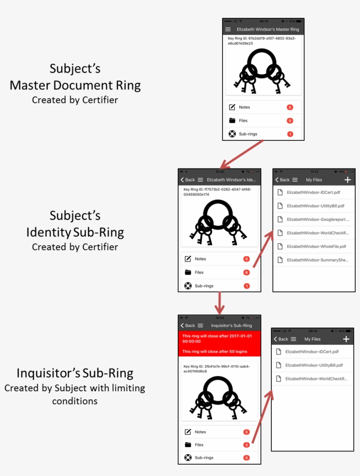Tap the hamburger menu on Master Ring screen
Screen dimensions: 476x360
pyautogui.click(x=228, y=29)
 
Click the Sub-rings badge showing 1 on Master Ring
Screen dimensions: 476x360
pyautogui.click(x=290, y=134)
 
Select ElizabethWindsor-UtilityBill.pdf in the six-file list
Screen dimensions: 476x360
pyautogui.click(x=315, y=205)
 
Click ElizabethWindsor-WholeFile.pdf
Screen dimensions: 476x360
pyautogui.click(x=316, y=247)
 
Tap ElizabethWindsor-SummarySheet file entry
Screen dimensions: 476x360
pyautogui.click(x=317, y=260)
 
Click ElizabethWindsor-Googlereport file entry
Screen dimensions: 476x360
pyautogui.click(x=317, y=219)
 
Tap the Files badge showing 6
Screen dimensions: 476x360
pyautogui.click(x=247, y=272)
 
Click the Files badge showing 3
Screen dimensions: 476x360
pyautogui.click(x=247, y=445)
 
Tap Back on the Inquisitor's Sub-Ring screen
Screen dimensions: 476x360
pyautogui.click(x=187, y=326)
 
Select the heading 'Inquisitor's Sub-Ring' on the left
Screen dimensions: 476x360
pyautogui.click(x=75, y=373)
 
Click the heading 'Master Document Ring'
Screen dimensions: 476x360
pyautogui.click(x=75, y=85)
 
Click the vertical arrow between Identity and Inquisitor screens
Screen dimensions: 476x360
pyautogui.click(x=219, y=302)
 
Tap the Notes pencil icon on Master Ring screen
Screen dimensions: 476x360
pyautogui.click(x=232, y=107)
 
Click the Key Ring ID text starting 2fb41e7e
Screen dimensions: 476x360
pyautogui.click(x=216, y=369)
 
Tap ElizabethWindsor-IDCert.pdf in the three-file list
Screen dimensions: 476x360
pyautogui.click(x=312, y=352)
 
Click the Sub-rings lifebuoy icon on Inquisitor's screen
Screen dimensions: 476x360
pyautogui.click(x=188, y=458)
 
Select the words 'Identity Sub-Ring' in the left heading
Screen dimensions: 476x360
pyautogui.click(x=75, y=232)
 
